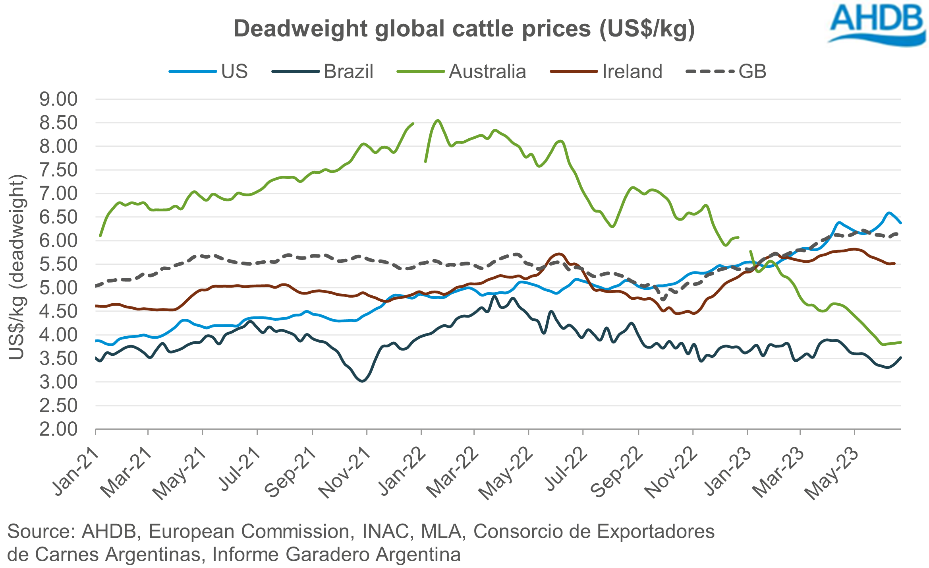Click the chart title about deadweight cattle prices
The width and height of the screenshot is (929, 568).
tap(464, 29)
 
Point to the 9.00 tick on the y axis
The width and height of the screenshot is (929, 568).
tap(58, 99)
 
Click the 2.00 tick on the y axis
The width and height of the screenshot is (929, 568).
tap(58, 429)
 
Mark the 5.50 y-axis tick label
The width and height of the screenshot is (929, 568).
tap(58, 264)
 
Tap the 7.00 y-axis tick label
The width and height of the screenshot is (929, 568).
tap(58, 194)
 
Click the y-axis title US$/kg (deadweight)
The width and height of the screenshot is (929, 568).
tap(17, 267)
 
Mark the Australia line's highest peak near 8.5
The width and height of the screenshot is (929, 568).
tap(438, 120)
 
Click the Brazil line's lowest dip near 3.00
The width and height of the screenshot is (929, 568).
tap(362, 381)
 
